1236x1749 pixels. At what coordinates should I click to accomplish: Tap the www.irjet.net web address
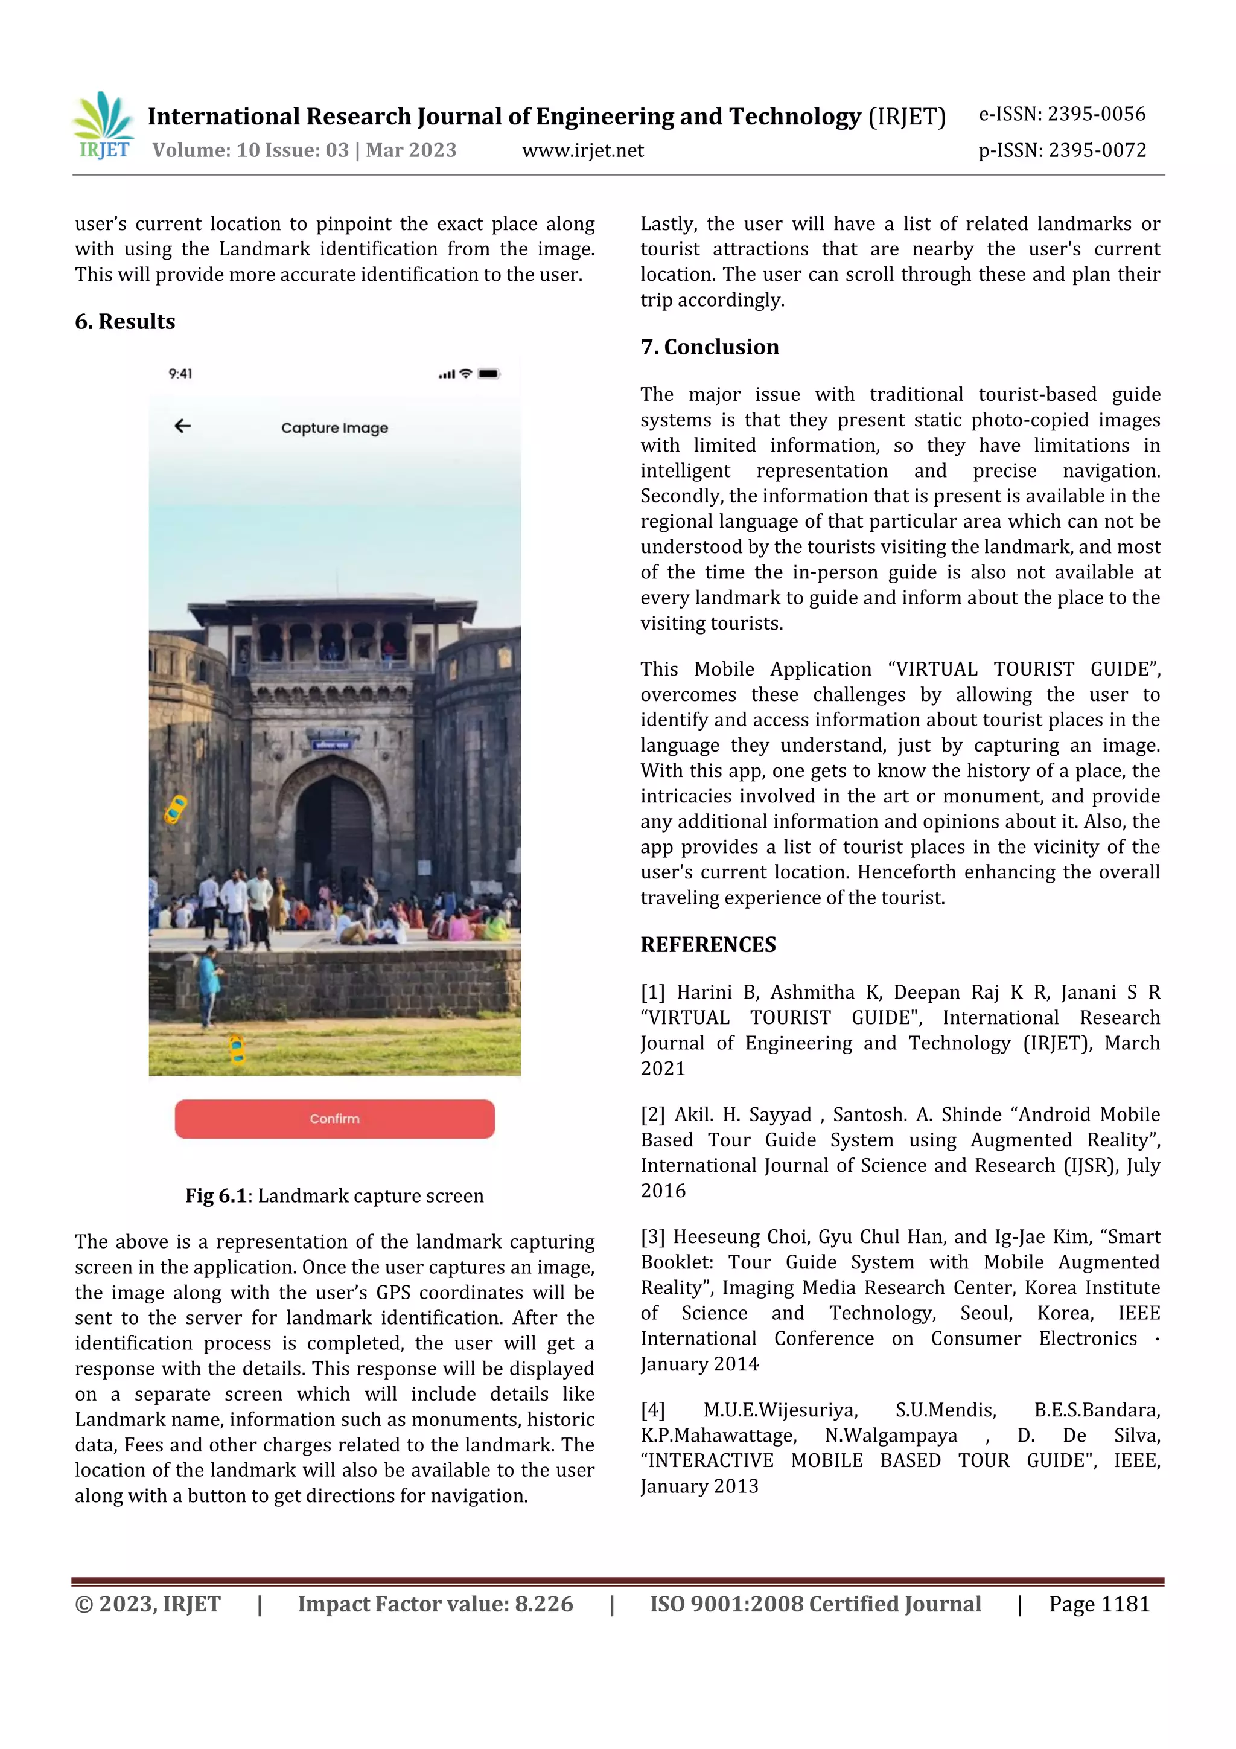pos(582,151)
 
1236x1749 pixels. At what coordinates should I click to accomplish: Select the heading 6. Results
pos(125,321)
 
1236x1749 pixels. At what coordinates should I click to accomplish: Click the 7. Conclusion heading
pos(709,347)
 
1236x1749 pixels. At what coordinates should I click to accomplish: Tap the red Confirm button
pos(334,1118)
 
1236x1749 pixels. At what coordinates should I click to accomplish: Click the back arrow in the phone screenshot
pos(183,426)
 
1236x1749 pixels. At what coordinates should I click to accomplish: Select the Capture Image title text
pos(334,428)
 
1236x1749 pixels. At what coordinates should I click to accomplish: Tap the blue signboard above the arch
pos(332,743)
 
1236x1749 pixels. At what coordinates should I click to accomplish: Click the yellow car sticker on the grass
pos(237,1049)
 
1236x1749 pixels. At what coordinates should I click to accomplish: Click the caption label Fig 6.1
pos(215,1196)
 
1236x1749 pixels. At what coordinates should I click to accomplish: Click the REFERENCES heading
pos(707,945)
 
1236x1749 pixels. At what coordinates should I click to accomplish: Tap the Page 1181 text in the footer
pos(1098,1604)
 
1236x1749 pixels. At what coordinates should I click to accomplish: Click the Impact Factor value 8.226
pos(543,1604)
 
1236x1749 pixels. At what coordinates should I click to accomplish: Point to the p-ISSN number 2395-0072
pos(1097,151)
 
